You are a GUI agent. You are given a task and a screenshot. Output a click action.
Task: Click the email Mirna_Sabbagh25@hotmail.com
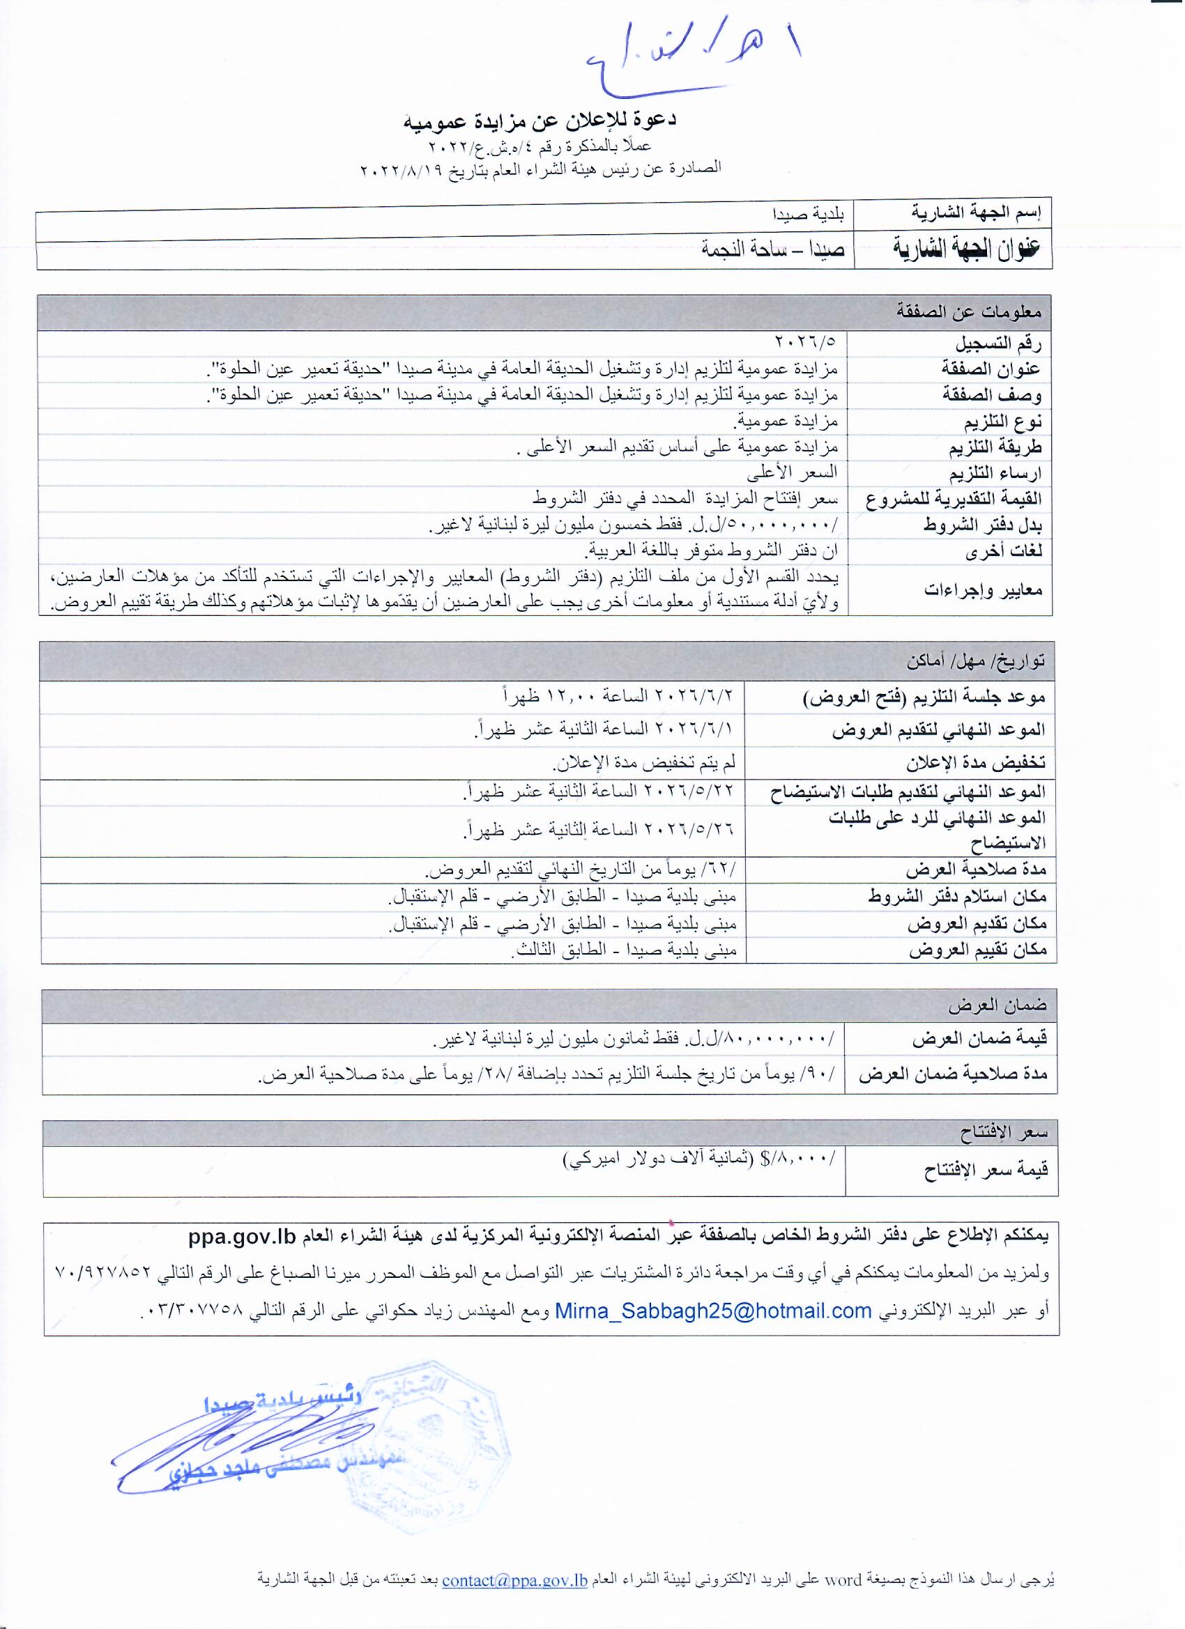click(714, 1311)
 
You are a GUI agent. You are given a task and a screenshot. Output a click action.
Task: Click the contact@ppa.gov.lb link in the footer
click(516, 1580)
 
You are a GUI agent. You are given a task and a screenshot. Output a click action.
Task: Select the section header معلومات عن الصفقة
click(970, 312)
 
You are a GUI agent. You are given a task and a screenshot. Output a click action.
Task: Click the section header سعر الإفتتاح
click(1004, 1134)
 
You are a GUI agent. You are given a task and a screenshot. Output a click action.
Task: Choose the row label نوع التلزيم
click(1001, 422)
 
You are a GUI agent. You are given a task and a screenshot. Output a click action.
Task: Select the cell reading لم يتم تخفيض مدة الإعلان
click(644, 764)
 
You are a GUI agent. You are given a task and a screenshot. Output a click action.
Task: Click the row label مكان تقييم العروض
click(978, 951)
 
